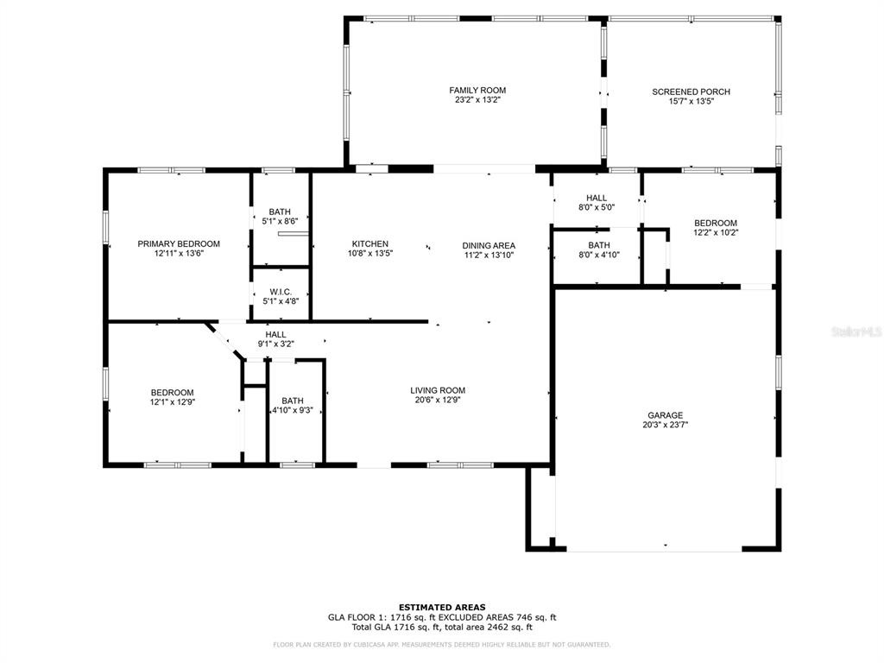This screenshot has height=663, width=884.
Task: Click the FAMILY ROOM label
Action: click(477, 90)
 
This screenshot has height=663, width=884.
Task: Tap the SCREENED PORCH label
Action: click(691, 92)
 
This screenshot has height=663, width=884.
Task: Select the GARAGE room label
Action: click(666, 415)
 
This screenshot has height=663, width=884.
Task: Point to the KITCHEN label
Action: click(369, 244)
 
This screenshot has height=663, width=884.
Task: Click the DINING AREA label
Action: click(489, 246)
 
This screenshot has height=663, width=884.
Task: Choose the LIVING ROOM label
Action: click(438, 391)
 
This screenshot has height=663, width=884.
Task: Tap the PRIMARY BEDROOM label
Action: click(179, 244)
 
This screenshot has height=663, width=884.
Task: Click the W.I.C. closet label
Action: click(281, 292)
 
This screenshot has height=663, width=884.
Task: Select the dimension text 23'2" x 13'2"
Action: click(477, 100)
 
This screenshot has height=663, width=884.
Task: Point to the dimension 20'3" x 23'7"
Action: click(666, 425)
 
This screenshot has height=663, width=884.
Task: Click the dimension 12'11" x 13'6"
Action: click(179, 254)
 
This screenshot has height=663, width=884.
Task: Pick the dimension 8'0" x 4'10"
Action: click(599, 255)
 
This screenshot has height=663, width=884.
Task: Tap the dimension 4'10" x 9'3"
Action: click(292, 410)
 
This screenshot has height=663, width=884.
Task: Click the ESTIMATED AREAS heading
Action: click(442, 607)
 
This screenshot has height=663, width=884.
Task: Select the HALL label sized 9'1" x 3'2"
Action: click(275, 335)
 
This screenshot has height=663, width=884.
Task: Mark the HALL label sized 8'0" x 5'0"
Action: click(597, 198)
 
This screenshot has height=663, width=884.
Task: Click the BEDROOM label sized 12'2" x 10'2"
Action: click(716, 224)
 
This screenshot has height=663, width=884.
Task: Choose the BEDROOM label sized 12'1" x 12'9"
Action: click(172, 393)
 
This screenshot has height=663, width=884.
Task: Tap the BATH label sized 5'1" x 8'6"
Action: click(280, 212)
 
